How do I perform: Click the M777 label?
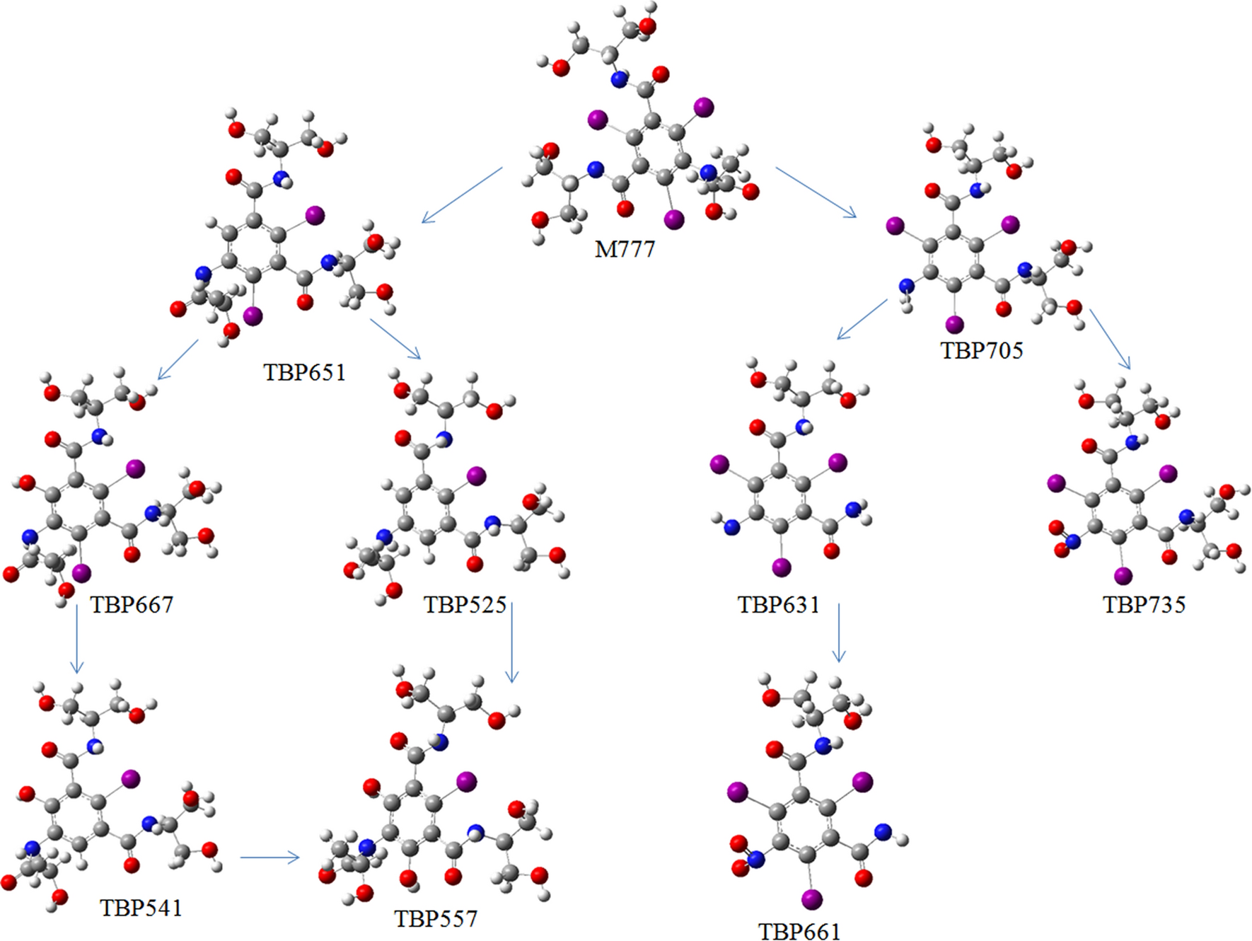coord(625,249)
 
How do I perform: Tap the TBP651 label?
coord(305,372)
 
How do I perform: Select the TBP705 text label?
coord(981,350)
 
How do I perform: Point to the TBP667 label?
coord(132,604)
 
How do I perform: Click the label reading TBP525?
coord(465,604)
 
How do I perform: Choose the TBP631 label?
coord(778,604)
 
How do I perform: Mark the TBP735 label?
coord(1144,604)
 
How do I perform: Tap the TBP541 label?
coord(141,908)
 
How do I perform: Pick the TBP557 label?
coord(436,918)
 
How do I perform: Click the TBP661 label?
coord(799,931)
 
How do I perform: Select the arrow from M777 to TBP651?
coord(462,195)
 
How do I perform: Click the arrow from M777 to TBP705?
coord(816,192)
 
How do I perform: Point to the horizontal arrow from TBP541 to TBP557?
coord(269,858)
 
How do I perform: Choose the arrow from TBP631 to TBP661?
coord(839,633)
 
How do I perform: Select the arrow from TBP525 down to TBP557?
coord(511,642)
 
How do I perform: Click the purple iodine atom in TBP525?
coord(477,475)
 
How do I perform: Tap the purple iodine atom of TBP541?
coord(131,779)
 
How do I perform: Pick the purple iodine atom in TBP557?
coord(466,781)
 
